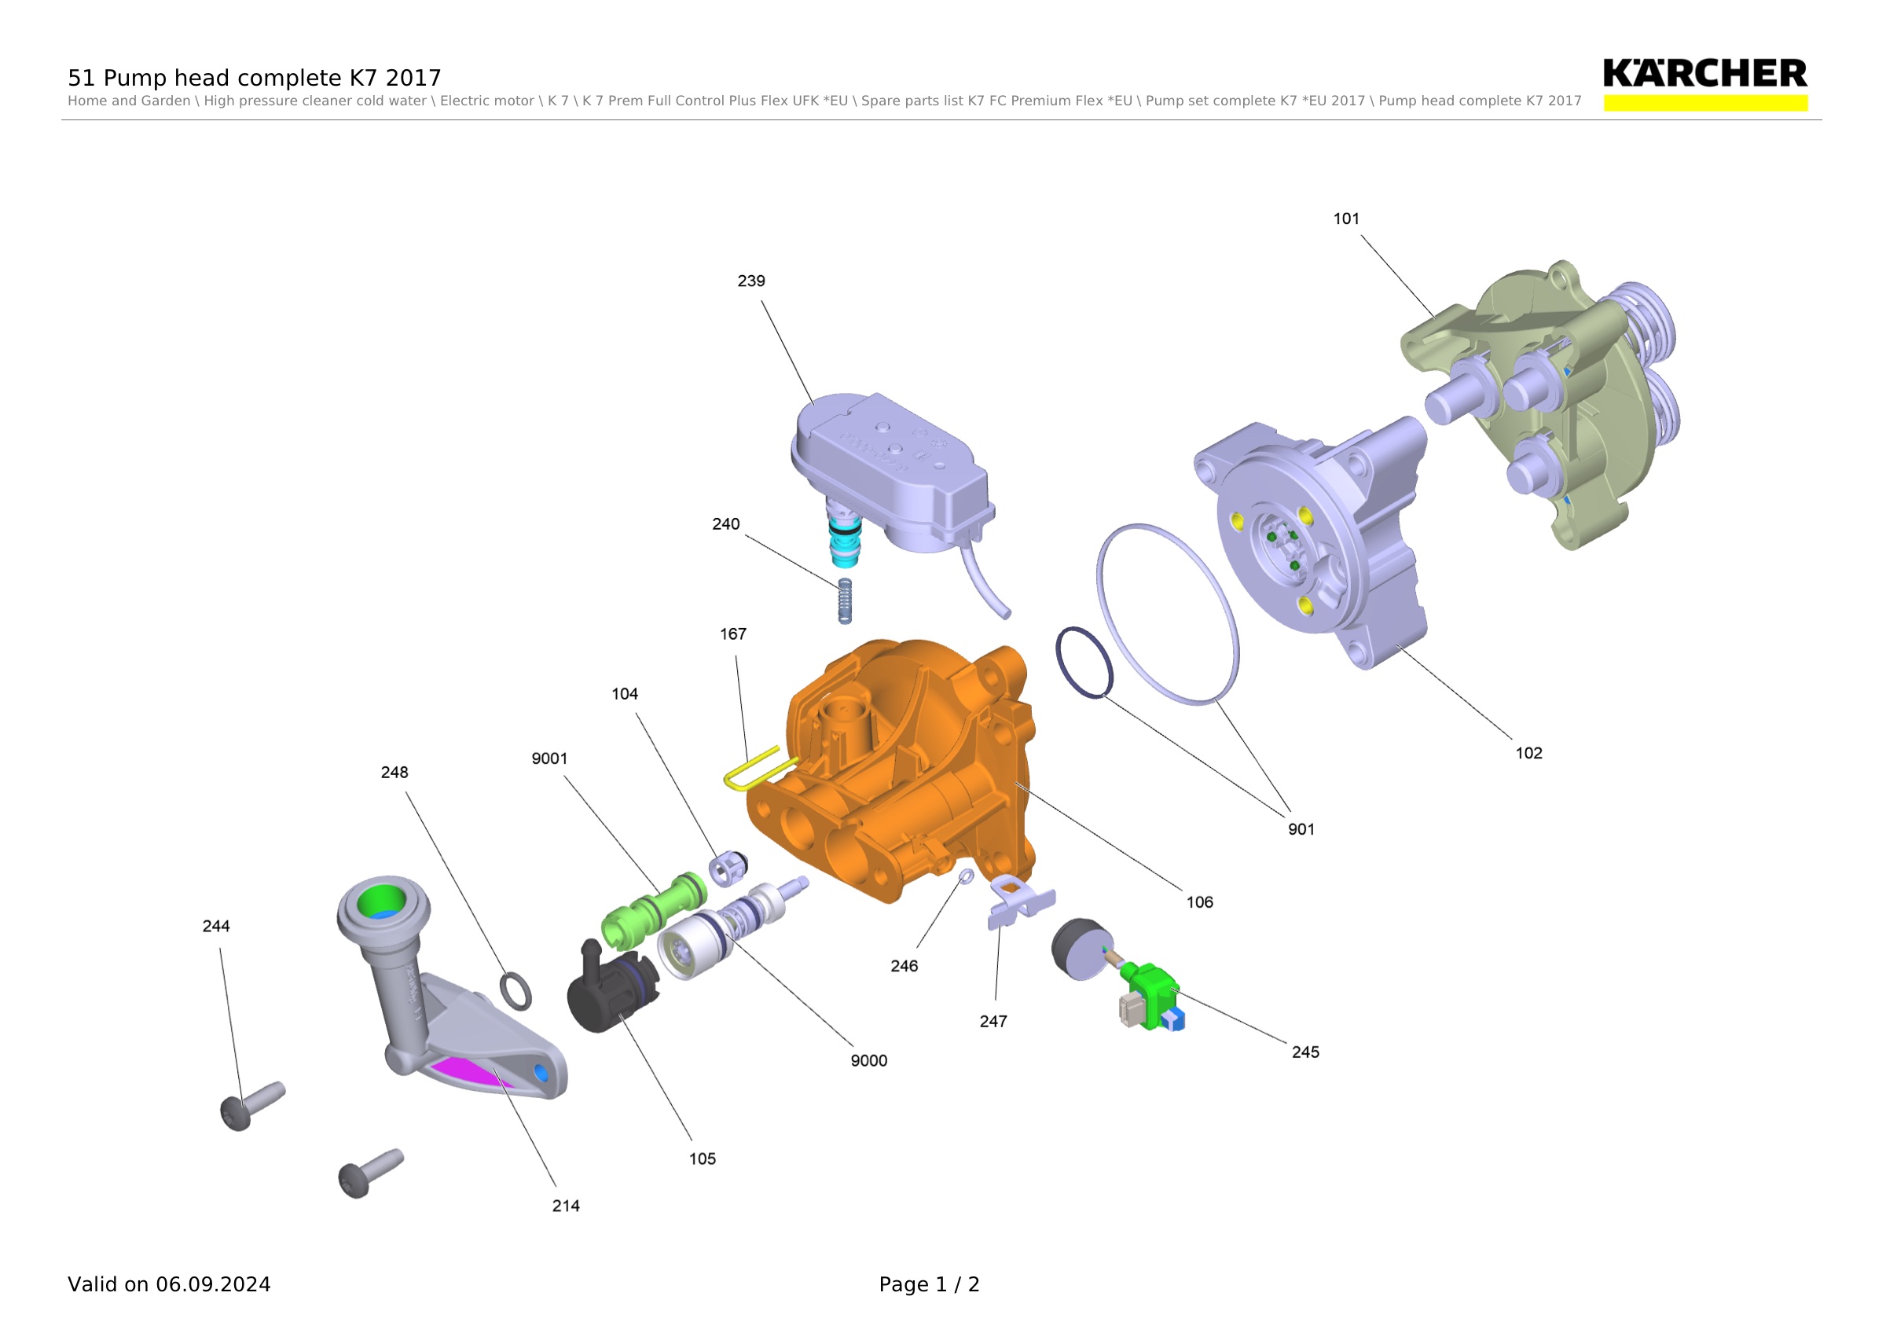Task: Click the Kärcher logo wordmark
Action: [x=1704, y=74]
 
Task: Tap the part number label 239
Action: [x=750, y=281]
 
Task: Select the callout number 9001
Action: [x=549, y=759]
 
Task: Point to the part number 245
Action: [x=1305, y=1052]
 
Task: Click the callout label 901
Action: [x=1301, y=829]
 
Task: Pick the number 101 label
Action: [x=1346, y=218]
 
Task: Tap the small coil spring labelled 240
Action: [x=845, y=600]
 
